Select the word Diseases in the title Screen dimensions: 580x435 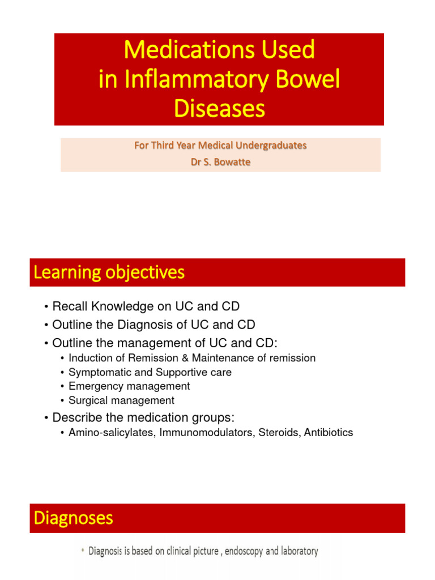(x=219, y=109)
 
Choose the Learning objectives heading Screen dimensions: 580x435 (x=109, y=273)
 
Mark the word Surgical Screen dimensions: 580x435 (x=84, y=400)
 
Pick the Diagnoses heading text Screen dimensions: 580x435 (x=73, y=518)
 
